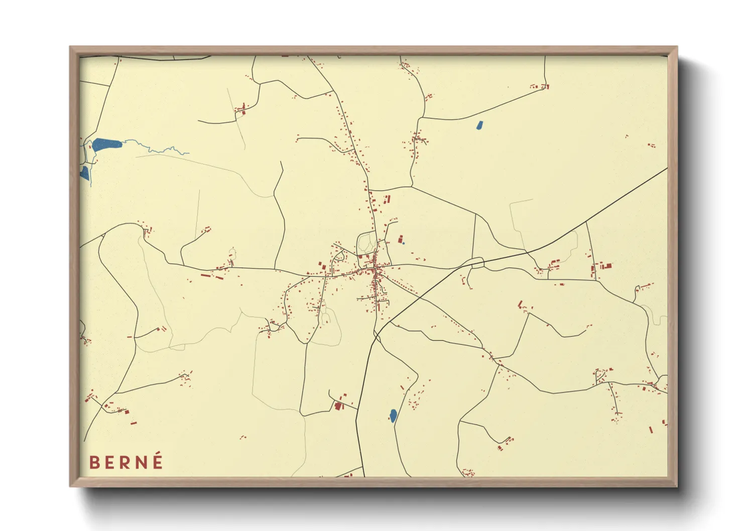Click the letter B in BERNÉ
(x=94, y=462)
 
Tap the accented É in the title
(x=158, y=461)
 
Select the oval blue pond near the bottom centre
(x=393, y=415)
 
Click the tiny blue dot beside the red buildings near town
(x=403, y=243)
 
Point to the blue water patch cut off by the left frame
(x=84, y=173)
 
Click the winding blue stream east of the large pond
(x=161, y=150)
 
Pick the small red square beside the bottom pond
(x=402, y=387)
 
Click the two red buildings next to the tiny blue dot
(x=401, y=239)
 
